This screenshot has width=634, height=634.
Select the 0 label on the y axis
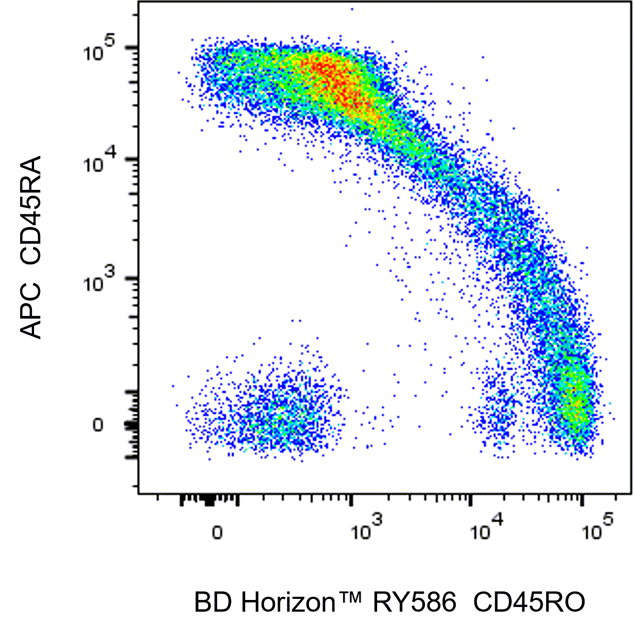pyautogui.click(x=97, y=425)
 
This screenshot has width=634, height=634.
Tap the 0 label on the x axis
pyautogui.click(x=217, y=532)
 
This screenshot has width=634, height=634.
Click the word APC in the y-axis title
pyautogui.click(x=31, y=313)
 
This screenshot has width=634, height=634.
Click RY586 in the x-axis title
pyautogui.click(x=414, y=603)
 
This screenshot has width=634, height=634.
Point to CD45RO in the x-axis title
pyautogui.click(x=529, y=603)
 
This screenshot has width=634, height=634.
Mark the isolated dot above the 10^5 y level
pyautogui.click(x=352, y=9)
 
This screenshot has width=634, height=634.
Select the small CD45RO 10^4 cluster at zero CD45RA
pyautogui.click(x=497, y=415)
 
